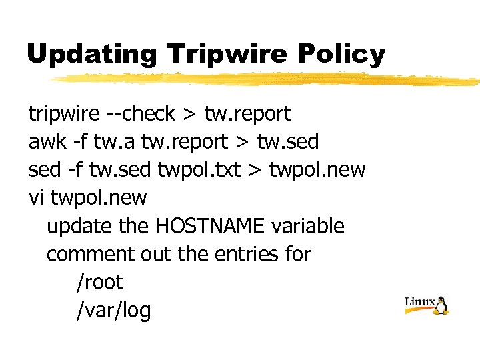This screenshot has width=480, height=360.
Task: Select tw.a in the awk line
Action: tap(109, 142)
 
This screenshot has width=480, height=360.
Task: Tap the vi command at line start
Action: tap(36, 198)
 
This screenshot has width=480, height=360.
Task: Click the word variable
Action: tap(308, 226)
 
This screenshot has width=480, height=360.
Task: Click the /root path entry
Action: tap(100, 282)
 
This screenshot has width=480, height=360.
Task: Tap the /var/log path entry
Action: tap(114, 310)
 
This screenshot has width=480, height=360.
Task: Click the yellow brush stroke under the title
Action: tap(267, 80)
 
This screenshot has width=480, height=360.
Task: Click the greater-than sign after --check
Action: tap(189, 114)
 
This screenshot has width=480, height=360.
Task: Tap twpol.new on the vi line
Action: tap(99, 198)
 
